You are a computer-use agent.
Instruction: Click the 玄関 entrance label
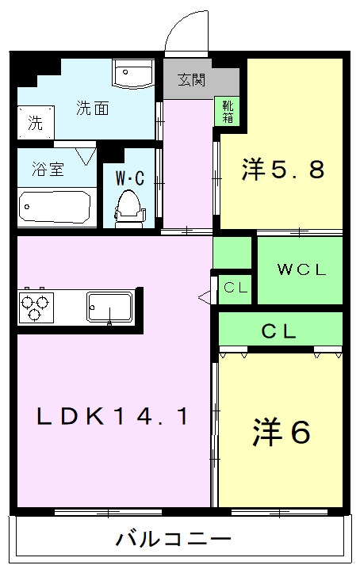[x=192, y=79]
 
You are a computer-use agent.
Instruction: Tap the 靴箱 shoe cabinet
[x=228, y=111]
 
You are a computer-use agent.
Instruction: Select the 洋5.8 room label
[x=283, y=169]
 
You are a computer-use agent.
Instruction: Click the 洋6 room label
[x=281, y=431]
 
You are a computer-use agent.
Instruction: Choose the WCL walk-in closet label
[x=301, y=269]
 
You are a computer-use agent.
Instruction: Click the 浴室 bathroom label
[x=48, y=169]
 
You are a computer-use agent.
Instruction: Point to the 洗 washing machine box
[x=36, y=123]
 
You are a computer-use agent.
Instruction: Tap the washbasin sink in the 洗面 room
[x=132, y=74]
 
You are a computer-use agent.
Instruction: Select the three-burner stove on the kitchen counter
[x=36, y=307]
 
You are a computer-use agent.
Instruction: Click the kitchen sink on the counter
[x=109, y=305]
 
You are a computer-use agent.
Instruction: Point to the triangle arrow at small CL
[x=205, y=297]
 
